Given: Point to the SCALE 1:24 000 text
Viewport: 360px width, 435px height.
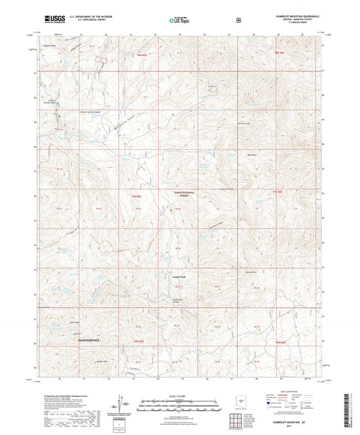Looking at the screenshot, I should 180,395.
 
